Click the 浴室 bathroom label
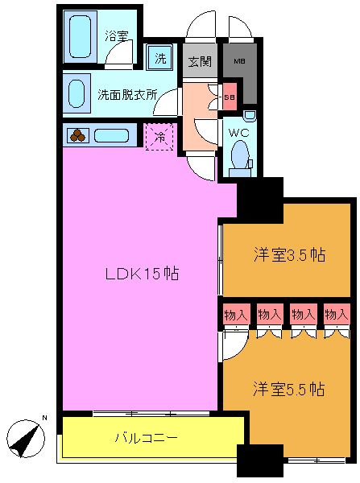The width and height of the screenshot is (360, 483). tap(117, 35)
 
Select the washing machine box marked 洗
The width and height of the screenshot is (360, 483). tap(160, 58)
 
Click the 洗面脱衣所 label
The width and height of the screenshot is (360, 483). tap(126, 94)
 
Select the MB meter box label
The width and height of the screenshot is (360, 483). tap(239, 60)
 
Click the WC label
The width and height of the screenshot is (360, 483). tap(238, 131)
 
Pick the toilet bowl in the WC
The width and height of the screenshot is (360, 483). tap(239, 154)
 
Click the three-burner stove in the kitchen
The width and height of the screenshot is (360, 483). tap(77, 136)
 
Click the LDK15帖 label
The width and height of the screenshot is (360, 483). tap(142, 274)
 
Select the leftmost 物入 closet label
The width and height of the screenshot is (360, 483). tap(236, 313)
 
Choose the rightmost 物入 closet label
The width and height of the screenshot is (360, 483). tap(336, 313)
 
